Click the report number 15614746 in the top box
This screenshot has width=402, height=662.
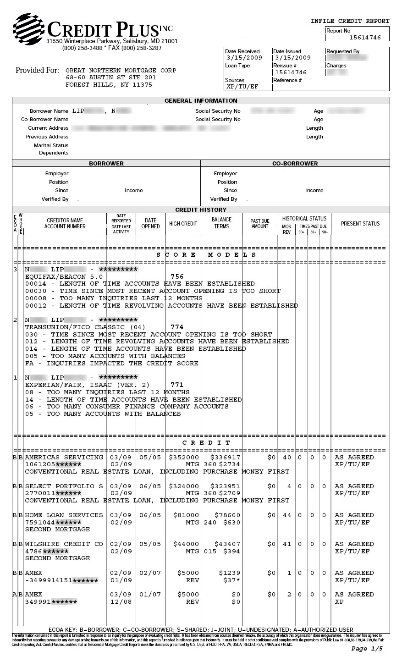pyautogui.click(x=365, y=38)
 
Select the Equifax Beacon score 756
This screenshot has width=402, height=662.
pyautogui.click(x=177, y=276)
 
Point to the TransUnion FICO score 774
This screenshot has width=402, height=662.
pyautogui.click(x=177, y=327)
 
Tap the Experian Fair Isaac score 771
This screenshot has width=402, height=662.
pyautogui.click(x=177, y=385)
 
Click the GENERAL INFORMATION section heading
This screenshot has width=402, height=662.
pyautogui.click(x=201, y=101)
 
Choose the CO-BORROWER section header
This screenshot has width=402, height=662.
pyautogui.click(x=295, y=163)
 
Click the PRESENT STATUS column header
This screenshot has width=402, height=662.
pyautogui.click(x=360, y=224)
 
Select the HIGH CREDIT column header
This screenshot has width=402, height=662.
pyautogui.click(x=183, y=224)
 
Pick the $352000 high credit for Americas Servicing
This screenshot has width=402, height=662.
pyautogui.click(x=184, y=458)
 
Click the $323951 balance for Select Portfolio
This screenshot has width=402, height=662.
pyautogui.click(x=225, y=486)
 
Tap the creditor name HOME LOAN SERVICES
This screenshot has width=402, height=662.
pyautogui.click(x=64, y=515)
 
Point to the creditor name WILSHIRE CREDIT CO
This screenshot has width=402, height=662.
pyautogui.click(x=64, y=544)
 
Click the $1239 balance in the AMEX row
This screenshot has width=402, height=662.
pyautogui.click(x=230, y=573)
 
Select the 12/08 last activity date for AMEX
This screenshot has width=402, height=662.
pyautogui.click(x=121, y=602)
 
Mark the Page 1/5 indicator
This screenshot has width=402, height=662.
pyautogui.click(x=367, y=649)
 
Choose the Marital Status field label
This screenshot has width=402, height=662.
pyautogui.click(x=51, y=145)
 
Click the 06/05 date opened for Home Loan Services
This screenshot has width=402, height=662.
pyautogui.click(x=150, y=515)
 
